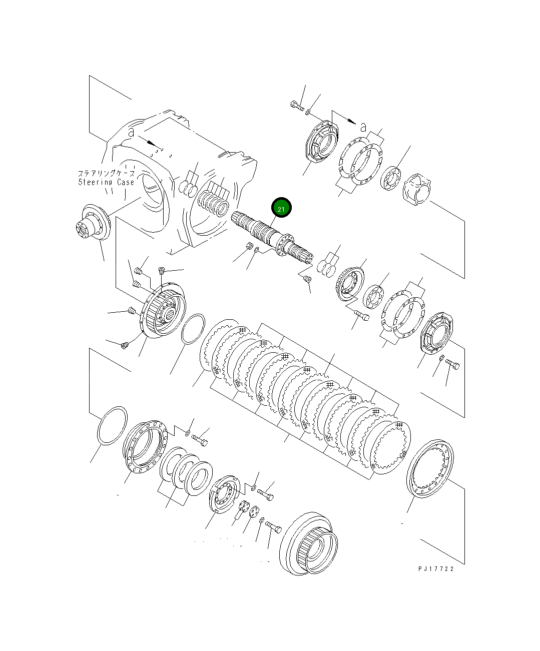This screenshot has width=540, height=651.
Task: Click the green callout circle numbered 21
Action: [281, 207]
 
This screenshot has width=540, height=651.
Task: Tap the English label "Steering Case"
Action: [106, 182]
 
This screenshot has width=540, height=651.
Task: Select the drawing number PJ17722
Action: [436, 569]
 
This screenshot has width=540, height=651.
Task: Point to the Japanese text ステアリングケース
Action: [106, 173]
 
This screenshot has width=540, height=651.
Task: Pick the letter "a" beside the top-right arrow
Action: [363, 127]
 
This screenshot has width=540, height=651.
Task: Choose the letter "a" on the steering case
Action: [131, 132]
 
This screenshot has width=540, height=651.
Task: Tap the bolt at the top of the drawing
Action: [297, 106]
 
